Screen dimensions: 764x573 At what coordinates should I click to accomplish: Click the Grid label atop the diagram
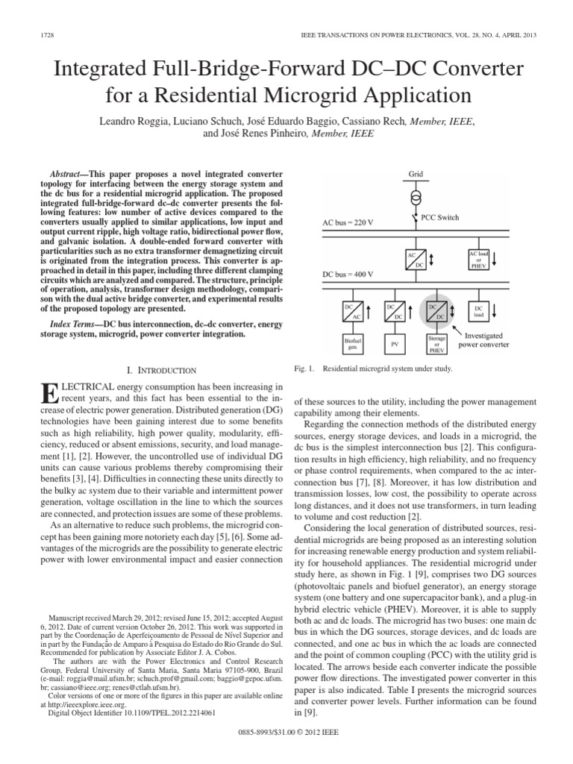pos(416,175)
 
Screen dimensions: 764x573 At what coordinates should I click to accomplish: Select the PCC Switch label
pos(443,218)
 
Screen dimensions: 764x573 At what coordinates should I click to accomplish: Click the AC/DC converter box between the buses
pos(416,260)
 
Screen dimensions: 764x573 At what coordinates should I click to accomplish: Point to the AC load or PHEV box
pos(477,259)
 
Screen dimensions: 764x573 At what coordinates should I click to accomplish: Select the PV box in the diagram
pos(394,344)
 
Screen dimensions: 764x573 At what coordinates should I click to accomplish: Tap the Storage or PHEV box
pos(436,344)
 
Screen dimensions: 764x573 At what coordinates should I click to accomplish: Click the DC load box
pos(478,310)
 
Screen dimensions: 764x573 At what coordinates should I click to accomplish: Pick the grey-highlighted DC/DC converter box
pos(436,310)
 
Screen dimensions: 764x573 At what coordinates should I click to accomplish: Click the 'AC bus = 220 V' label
pos(348,223)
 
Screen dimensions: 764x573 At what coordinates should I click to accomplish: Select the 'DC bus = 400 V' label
pos(348,275)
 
